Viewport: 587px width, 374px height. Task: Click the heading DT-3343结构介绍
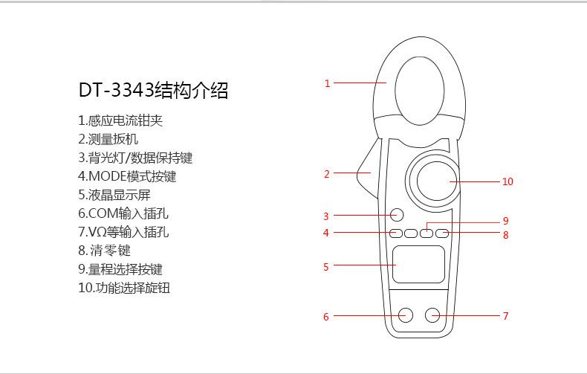click(153, 91)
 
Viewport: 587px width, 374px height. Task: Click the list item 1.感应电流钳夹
click(120, 120)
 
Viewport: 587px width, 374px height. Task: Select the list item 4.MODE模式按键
click(127, 176)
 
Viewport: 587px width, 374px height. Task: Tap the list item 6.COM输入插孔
click(123, 213)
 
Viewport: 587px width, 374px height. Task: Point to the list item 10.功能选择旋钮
click(124, 288)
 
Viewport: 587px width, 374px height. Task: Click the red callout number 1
click(327, 83)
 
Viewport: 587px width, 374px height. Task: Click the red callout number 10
click(507, 181)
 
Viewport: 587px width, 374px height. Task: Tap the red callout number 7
click(505, 316)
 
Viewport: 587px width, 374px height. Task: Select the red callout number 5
click(325, 267)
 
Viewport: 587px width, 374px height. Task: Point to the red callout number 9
click(505, 221)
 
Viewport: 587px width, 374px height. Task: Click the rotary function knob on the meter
click(433, 181)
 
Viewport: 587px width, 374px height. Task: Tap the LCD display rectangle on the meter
click(419, 264)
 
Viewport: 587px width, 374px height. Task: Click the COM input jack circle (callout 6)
click(405, 315)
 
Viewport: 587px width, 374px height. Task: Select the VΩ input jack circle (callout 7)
click(433, 315)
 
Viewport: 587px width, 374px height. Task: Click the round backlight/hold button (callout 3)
click(397, 216)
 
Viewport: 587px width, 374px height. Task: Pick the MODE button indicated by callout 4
click(397, 233)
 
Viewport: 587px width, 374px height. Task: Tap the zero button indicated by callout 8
click(442, 233)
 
